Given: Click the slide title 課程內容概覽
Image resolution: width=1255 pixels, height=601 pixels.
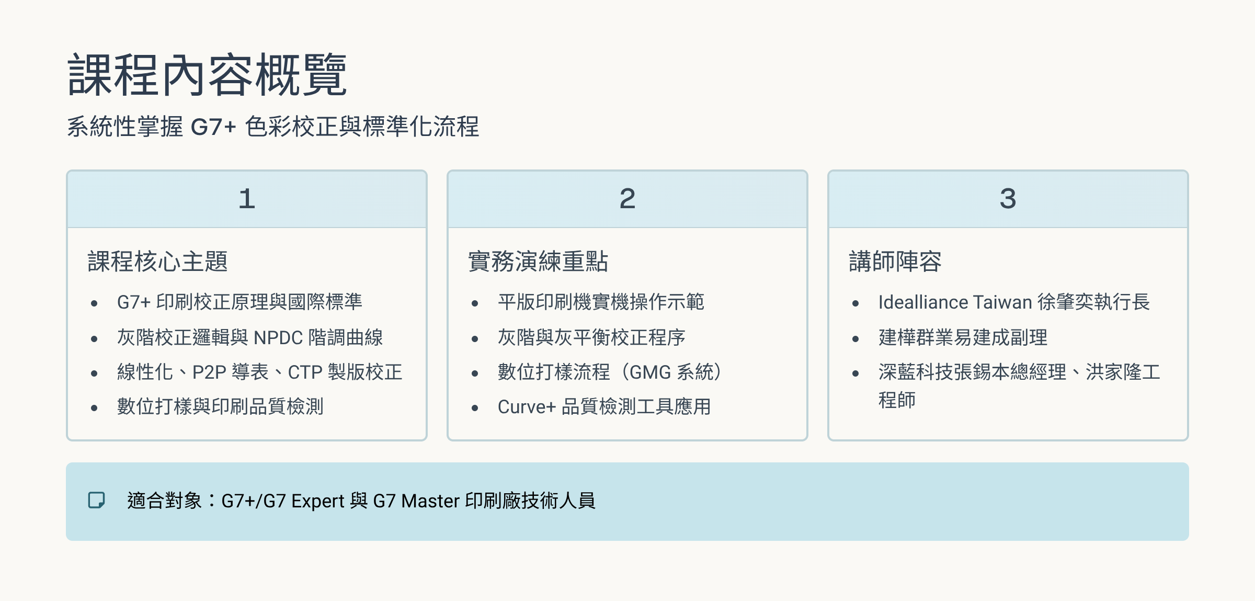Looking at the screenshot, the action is tap(207, 74).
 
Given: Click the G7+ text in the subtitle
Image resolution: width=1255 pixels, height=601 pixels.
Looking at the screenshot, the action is tap(213, 127).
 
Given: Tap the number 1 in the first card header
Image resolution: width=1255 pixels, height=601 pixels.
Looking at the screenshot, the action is tap(247, 199).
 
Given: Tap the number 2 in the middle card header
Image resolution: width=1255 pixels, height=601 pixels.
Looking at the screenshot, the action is tap(627, 199).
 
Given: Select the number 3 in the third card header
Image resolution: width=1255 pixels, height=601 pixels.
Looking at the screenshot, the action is tap(1008, 199).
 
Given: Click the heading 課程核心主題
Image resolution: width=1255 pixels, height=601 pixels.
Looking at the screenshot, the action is tap(157, 262).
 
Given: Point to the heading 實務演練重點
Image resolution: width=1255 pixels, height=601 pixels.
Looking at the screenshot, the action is tap(538, 262).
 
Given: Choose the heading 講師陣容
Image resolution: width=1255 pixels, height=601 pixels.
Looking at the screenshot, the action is tap(895, 262).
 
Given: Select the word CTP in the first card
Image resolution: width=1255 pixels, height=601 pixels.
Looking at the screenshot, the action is tap(305, 372).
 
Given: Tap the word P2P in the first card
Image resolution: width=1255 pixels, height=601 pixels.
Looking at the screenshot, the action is tap(209, 372).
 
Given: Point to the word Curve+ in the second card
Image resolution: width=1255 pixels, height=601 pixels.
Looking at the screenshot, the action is tap(527, 407).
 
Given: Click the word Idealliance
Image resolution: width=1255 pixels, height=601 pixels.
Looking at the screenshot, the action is tap(923, 302).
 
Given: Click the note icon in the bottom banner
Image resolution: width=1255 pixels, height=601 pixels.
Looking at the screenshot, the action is tap(96, 500).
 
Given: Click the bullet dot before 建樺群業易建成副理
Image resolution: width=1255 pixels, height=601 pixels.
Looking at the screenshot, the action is tap(855, 339).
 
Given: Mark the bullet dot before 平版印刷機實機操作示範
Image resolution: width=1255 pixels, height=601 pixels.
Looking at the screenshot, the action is tap(475, 303).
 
